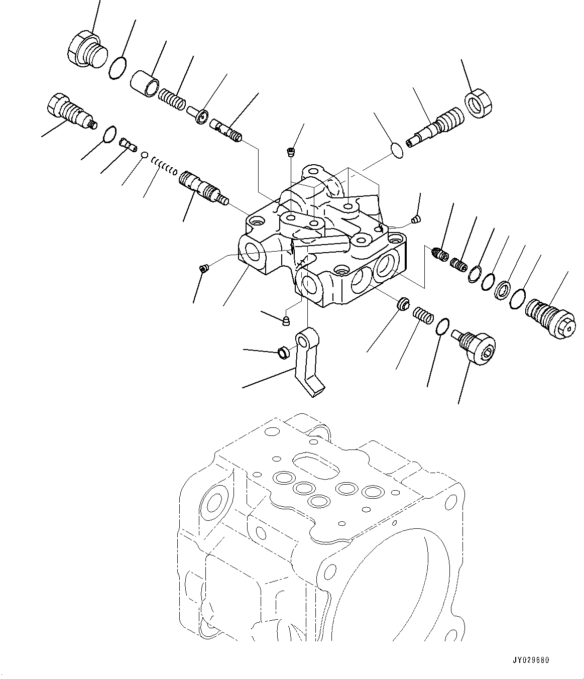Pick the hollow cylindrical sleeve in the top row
pyautogui.click(x=145, y=83)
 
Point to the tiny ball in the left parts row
pyautogui.click(x=144, y=155)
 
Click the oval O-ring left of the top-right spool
pyautogui.click(x=397, y=150)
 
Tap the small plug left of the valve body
pyautogui.click(x=203, y=269)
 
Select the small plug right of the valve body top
pyautogui.click(x=415, y=218)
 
